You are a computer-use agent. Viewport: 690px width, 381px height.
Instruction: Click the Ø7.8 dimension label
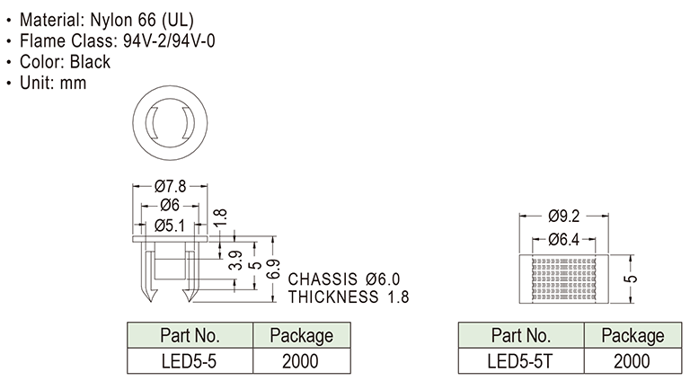(x=170, y=187)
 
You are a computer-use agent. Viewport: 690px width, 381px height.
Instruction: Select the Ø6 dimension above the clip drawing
(x=170, y=206)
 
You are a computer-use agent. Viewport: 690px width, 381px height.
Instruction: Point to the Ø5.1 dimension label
(x=170, y=225)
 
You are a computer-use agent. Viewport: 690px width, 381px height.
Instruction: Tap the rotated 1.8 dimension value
(x=221, y=217)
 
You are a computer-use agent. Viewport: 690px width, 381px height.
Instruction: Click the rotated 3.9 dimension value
(x=235, y=260)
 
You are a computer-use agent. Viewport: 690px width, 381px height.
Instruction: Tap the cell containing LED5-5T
(x=520, y=361)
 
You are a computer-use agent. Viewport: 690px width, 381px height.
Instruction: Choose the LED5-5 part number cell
(x=190, y=361)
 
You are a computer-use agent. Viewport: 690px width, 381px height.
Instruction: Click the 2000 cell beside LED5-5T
(x=632, y=361)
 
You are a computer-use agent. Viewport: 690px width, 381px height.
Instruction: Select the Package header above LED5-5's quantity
(x=302, y=336)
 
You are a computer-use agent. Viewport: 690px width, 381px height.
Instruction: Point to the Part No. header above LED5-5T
(x=520, y=336)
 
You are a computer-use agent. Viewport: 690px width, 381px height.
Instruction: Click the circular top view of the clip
(x=170, y=120)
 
